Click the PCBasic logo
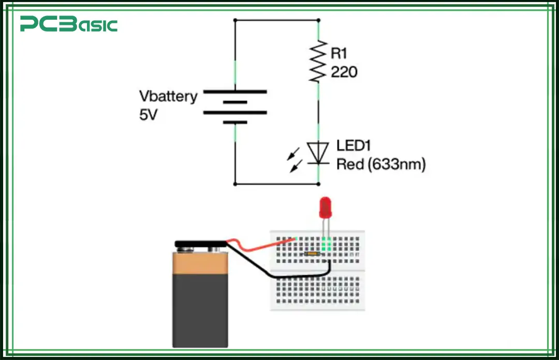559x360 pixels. click(69, 24)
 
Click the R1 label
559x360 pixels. click(339, 52)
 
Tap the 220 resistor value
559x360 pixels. click(344, 73)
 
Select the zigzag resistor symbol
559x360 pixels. click(318, 61)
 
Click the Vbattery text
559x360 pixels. click(168, 97)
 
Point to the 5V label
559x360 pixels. click(148, 115)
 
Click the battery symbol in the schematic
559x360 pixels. click(236, 107)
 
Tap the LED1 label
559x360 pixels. click(354, 146)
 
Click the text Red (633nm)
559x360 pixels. click(380, 165)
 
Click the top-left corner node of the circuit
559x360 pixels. click(236, 20)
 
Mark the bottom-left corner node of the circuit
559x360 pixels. click(236, 183)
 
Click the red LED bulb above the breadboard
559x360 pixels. click(325, 207)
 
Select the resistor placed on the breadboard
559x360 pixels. click(311, 254)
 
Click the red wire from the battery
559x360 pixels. click(259, 244)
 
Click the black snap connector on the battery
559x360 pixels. click(202, 243)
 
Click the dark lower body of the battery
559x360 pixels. click(200, 311)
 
